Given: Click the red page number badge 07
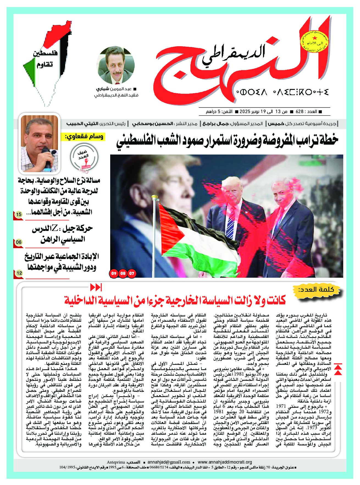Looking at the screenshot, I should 132,274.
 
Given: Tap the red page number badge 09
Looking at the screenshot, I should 113,274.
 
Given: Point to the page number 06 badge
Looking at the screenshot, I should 19,242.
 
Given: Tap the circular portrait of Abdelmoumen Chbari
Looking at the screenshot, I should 116,65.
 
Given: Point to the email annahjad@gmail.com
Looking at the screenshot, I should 169,462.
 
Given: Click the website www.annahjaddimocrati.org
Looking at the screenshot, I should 225,462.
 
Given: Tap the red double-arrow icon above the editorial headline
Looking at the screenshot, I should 96,287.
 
